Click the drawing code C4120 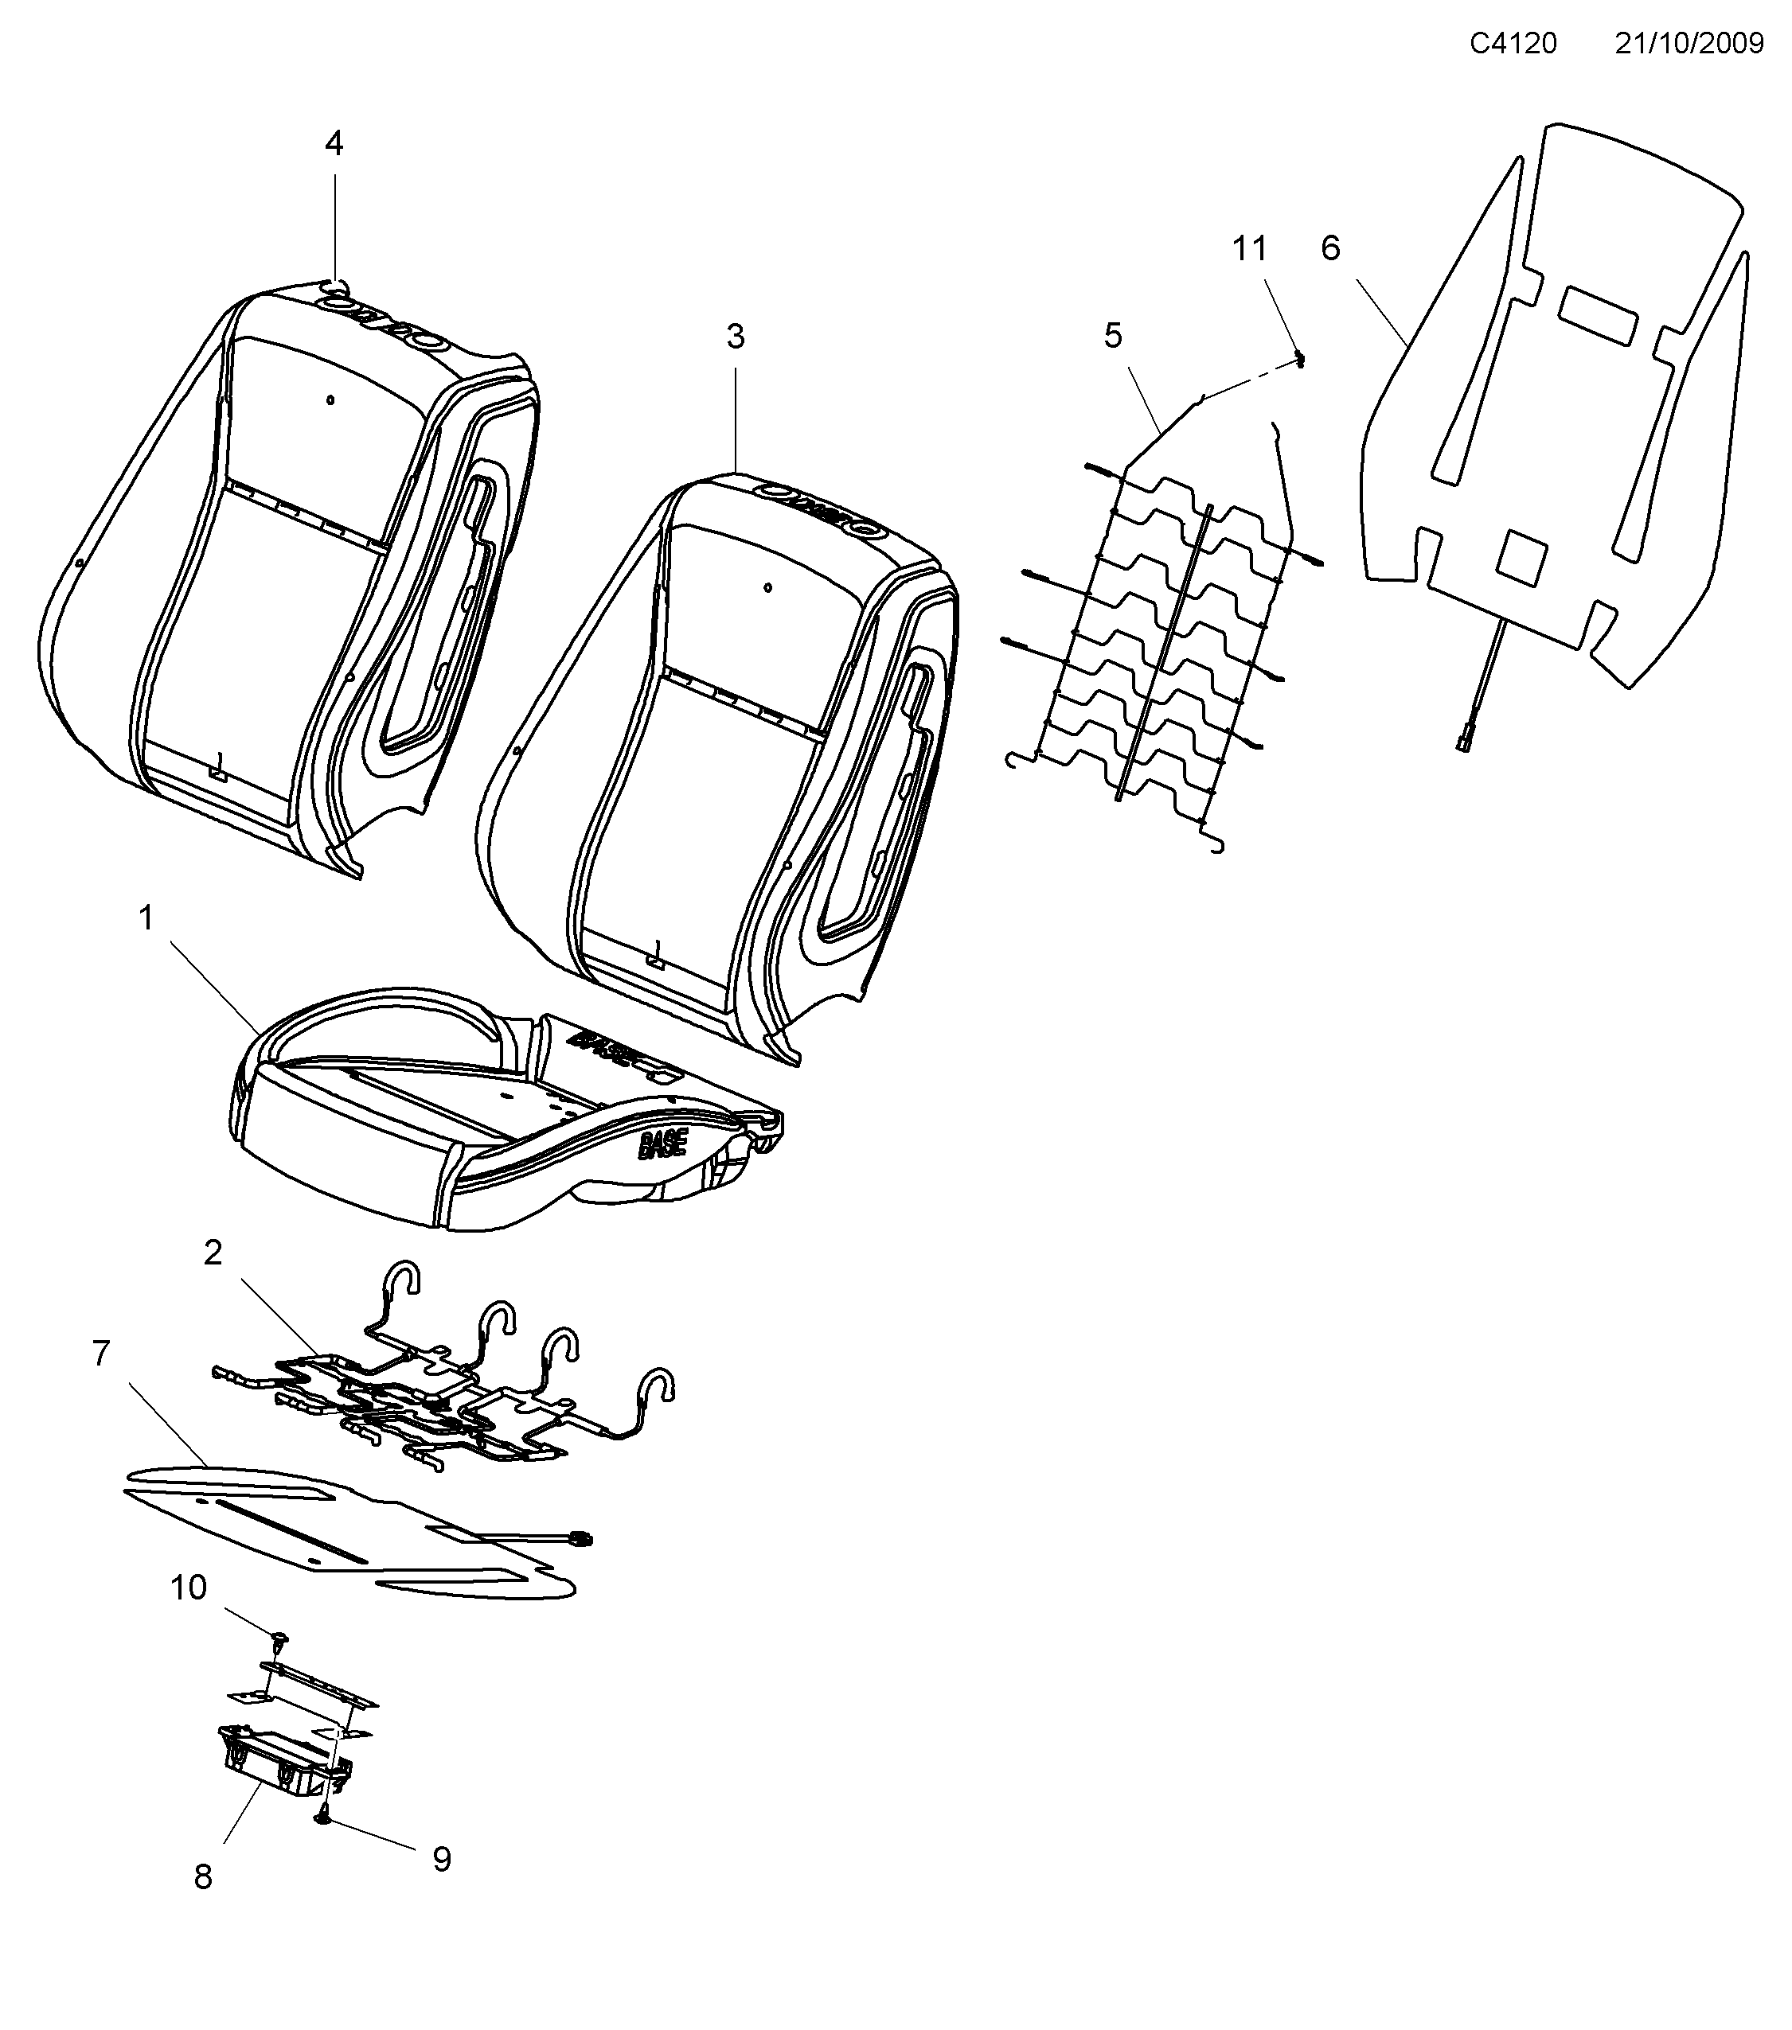pyautogui.click(x=1513, y=44)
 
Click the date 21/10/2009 pyautogui.click(x=1689, y=44)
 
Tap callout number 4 pyautogui.click(x=334, y=144)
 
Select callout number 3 pyautogui.click(x=735, y=337)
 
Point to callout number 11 pyautogui.click(x=1250, y=248)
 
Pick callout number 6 pyautogui.click(x=1330, y=248)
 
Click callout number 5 pyautogui.click(x=1113, y=336)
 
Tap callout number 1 pyautogui.click(x=146, y=918)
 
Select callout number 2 pyautogui.click(x=213, y=1253)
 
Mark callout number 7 pyautogui.click(x=100, y=1353)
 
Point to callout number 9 pyautogui.click(x=442, y=1858)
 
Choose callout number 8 pyautogui.click(x=203, y=1876)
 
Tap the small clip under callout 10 pyautogui.click(x=279, y=1636)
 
